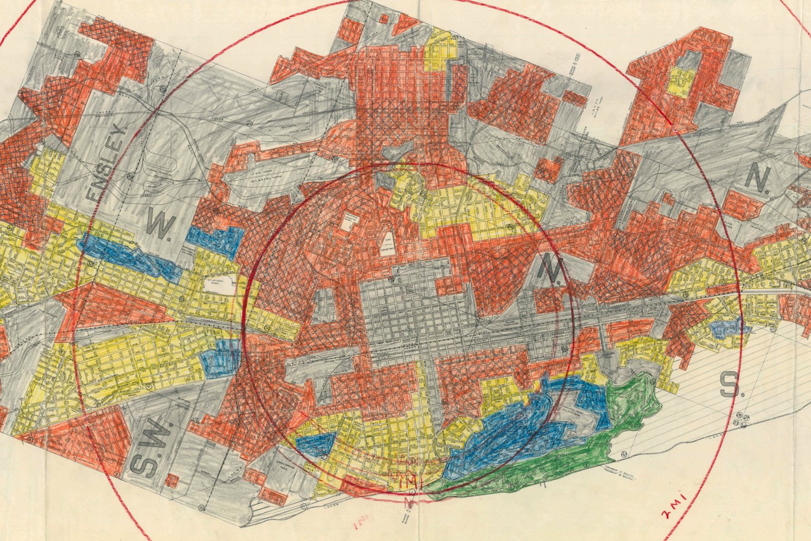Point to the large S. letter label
729,385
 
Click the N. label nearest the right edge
757,180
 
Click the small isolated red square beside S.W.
172,480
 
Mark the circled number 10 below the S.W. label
202,507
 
